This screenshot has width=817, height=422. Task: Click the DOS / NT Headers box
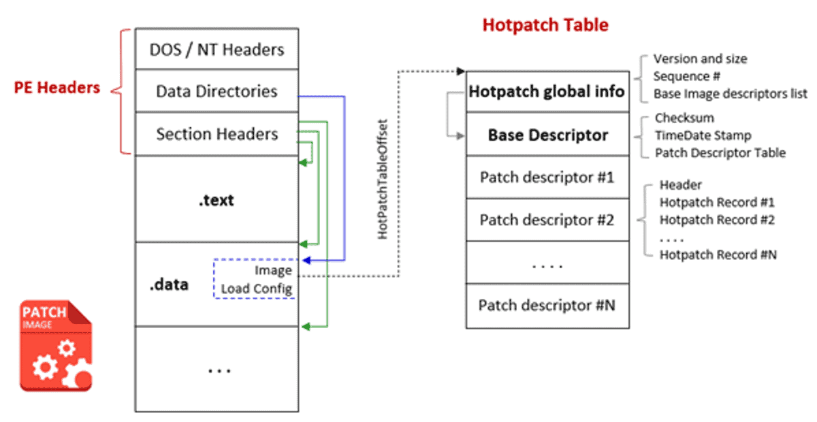pyautogui.click(x=217, y=49)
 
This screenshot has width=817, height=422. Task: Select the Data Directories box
pyautogui.click(x=217, y=91)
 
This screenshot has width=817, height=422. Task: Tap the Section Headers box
pyautogui.click(x=217, y=134)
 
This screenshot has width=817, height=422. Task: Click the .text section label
pyautogui.click(x=217, y=200)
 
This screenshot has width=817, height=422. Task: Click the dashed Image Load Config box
pyautogui.click(x=256, y=279)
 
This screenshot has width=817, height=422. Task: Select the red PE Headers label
pyautogui.click(x=57, y=87)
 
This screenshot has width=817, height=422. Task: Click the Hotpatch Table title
pyautogui.click(x=545, y=25)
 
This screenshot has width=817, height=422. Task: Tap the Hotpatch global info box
pyautogui.click(x=546, y=91)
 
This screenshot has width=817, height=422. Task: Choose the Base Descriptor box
pyautogui.click(x=547, y=135)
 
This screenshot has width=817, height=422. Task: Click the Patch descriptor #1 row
pyautogui.click(x=547, y=178)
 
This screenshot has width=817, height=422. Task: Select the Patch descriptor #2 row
pyautogui.click(x=547, y=221)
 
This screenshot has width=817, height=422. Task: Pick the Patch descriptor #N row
pyautogui.click(x=547, y=305)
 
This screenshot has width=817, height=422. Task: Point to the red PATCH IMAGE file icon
pyautogui.click(x=56, y=345)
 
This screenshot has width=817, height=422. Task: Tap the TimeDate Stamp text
pyautogui.click(x=703, y=135)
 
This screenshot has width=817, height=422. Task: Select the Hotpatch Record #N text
pyautogui.click(x=718, y=255)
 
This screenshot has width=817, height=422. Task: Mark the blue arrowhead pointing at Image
pyautogui.click(x=304, y=260)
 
